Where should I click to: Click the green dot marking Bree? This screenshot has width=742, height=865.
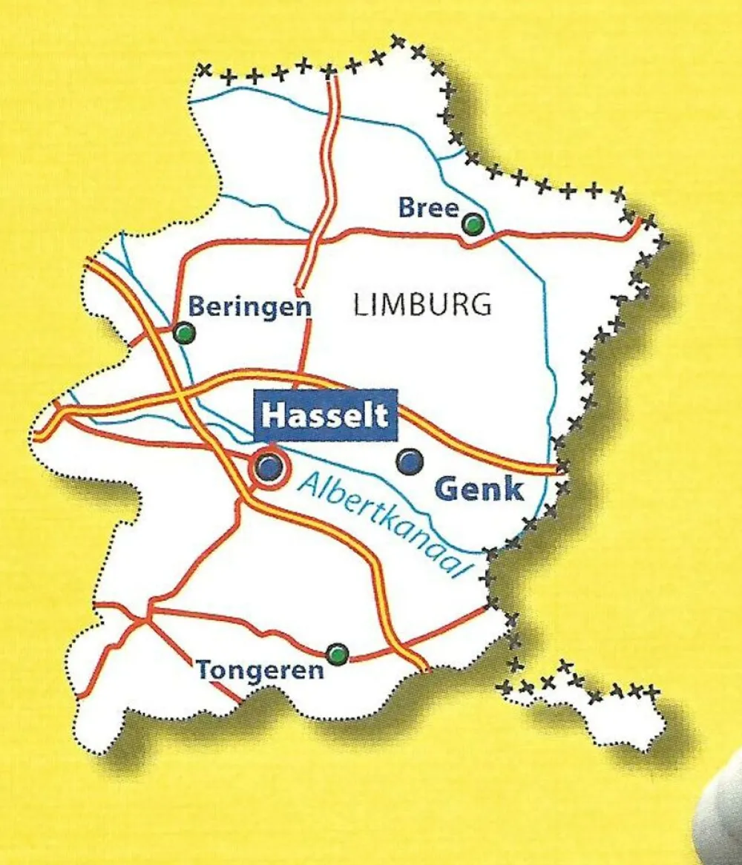(x=472, y=223)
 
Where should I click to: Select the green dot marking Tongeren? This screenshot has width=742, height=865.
(x=338, y=654)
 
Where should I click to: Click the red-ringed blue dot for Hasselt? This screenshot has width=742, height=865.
(x=269, y=467)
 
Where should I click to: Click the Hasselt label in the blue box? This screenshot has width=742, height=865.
(x=326, y=415)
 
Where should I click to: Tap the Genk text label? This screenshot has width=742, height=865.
(x=479, y=489)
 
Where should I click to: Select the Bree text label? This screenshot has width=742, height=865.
(x=429, y=208)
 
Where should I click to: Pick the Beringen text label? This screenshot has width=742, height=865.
(x=249, y=306)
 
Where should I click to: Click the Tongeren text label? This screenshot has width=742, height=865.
(x=260, y=671)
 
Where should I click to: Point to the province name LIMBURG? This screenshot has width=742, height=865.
(x=421, y=305)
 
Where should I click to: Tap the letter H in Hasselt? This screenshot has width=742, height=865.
(x=272, y=415)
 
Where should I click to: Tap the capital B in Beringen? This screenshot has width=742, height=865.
(x=196, y=306)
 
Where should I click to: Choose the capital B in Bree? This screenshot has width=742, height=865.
(x=407, y=208)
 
